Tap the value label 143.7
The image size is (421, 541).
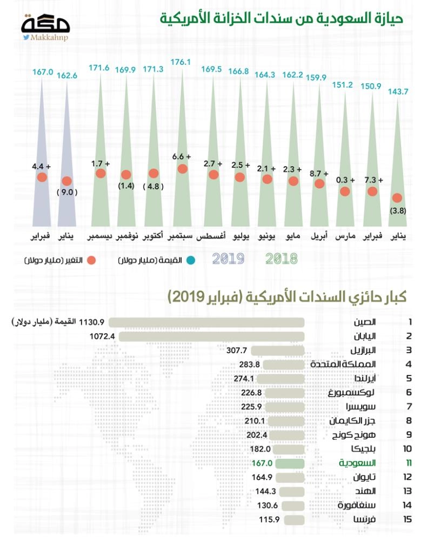398,91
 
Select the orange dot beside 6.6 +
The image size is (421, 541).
182,169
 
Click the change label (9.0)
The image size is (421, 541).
68,192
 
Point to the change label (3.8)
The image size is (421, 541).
398,210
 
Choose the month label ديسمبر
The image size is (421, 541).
99,237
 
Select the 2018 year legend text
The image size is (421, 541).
282,259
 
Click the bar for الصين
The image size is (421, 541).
206,322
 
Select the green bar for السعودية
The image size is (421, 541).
290,463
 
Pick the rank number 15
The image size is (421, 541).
409,519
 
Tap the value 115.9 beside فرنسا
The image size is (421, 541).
268,519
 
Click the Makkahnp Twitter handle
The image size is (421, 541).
51,38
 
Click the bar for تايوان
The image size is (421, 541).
290,477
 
